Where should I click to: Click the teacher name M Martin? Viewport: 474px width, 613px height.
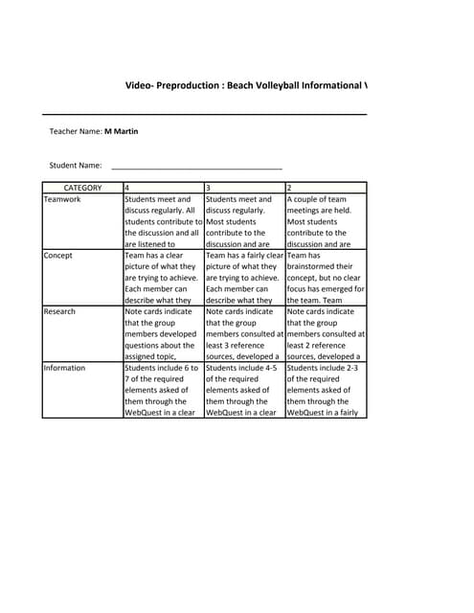121,131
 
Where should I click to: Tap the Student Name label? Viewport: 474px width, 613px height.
76,165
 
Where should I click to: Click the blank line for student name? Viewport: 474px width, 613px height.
196,167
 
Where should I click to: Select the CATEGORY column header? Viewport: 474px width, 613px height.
82,188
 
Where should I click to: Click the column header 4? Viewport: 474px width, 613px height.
128,188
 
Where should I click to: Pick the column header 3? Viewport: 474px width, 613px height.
210,188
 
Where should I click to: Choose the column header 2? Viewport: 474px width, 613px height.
290,188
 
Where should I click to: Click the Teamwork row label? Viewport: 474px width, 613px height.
63,199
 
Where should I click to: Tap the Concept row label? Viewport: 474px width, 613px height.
59,256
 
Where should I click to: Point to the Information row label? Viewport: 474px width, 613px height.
65,368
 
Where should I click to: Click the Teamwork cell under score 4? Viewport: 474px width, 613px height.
162,221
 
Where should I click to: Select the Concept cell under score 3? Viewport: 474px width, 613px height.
244,278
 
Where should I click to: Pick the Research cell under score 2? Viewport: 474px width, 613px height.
326,333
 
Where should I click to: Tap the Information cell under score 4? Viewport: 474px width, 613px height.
162,390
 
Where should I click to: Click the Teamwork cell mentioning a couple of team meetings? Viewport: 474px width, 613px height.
326,221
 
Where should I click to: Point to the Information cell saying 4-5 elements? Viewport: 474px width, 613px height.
244,390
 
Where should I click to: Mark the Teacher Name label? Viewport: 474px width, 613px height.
76,131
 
